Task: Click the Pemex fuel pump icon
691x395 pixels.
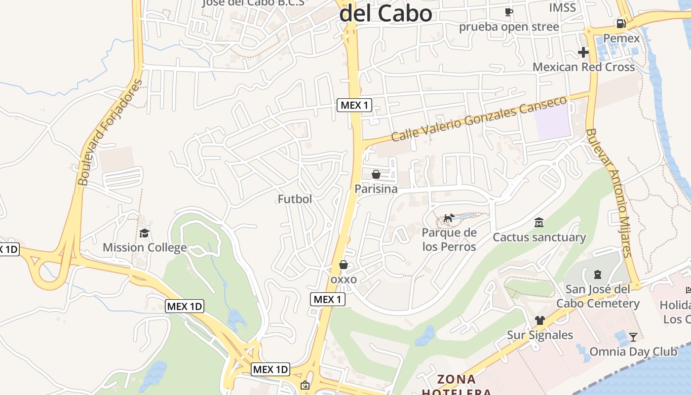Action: [x=621, y=23]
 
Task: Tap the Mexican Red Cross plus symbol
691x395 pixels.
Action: [x=583, y=52]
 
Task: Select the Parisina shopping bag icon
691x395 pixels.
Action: [x=376, y=174]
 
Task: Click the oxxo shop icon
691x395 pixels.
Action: [x=344, y=265]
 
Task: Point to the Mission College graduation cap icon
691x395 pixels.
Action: [x=144, y=233]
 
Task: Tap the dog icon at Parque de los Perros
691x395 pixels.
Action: [x=449, y=218]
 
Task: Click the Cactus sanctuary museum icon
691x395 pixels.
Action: [x=539, y=223]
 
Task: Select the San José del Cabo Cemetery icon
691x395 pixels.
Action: [x=598, y=274]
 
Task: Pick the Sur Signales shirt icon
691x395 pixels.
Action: [x=539, y=320]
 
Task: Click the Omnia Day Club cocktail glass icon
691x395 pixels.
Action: [x=633, y=337]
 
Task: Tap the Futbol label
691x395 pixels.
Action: [x=295, y=199]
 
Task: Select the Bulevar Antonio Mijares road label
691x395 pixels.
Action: [x=609, y=193]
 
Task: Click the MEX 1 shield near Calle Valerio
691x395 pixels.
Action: [x=354, y=105]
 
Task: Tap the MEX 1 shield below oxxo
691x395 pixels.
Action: [x=327, y=299]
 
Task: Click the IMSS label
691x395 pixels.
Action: [x=562, y=7]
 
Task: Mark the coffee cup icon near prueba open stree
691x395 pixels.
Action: [x=509, y=12]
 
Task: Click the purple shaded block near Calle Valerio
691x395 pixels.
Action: [x=553, y=121]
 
